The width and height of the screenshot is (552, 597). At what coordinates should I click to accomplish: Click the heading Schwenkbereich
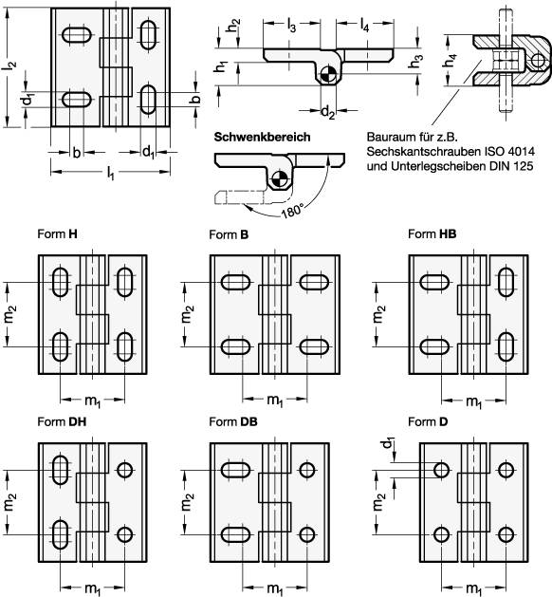click(x=262, y=138)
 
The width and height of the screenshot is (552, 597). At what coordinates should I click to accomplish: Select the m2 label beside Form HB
click(x=380, y=314)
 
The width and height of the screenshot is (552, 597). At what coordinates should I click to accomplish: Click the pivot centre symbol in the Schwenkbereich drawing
click(x=279, y=176)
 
